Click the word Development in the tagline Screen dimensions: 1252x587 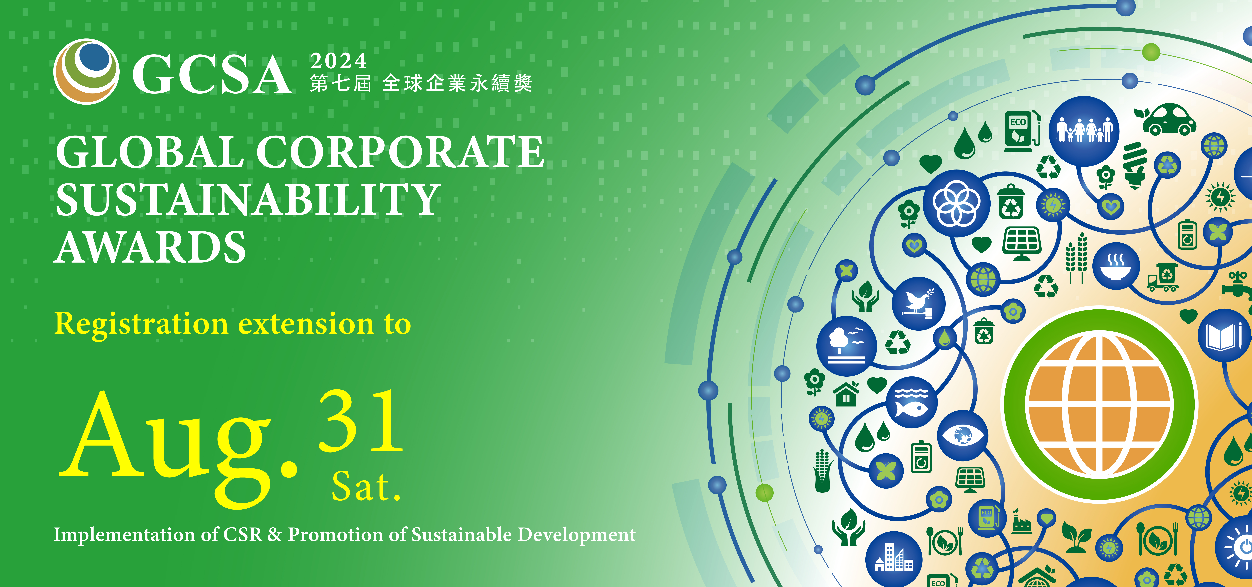tap(576, 535)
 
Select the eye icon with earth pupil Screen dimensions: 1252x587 tap(962, 435)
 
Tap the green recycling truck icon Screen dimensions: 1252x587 tap(1164, 277)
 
